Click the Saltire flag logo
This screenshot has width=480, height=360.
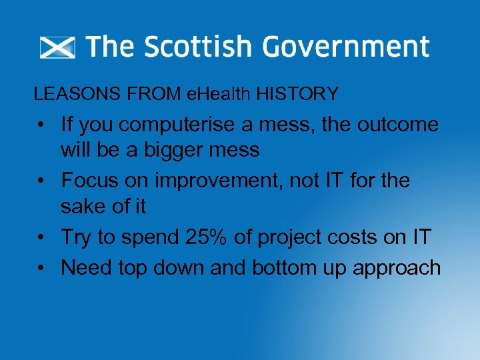tap(57, 48)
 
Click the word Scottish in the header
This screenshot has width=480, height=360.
tap(198, 47)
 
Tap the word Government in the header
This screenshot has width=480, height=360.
tap(345, 47)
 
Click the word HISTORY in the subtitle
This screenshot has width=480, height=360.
tap(297, 94)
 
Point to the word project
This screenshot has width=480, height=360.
tap(291, 237)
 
